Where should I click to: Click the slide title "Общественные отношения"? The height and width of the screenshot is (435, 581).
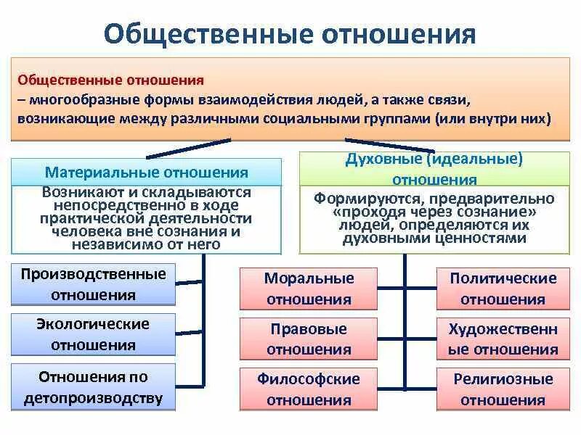click(290, 34)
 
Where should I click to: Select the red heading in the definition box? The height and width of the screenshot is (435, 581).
click(110, 79)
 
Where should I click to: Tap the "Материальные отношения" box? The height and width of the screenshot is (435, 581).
click(146, 173)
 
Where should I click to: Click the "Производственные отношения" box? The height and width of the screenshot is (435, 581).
click(94, 284)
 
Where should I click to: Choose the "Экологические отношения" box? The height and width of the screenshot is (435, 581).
click(94, 334)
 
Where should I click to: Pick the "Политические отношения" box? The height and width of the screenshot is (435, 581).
click(503, 289)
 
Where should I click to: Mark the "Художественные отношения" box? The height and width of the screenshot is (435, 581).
click(503, 339)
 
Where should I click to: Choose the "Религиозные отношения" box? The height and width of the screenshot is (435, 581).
click(503, 389)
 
